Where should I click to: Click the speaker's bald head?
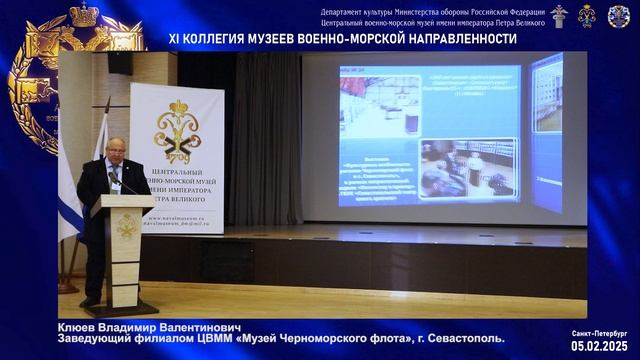[x=115, y=145]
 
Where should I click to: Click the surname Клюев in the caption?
[x=79, y=326]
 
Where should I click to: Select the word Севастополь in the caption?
[x=467, y=338]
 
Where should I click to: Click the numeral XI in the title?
[x=175, y=38]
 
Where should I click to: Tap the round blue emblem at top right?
[x=619, y=15]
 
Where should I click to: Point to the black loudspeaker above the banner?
[x=121, y=62]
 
